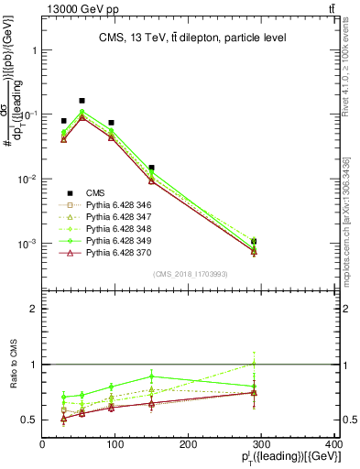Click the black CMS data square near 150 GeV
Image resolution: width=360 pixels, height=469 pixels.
tap(151, 168)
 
